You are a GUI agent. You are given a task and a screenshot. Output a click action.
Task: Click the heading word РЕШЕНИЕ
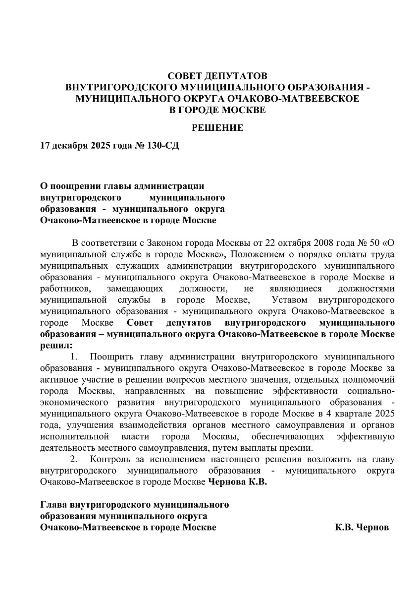pyautogui.click(x=217, y=128)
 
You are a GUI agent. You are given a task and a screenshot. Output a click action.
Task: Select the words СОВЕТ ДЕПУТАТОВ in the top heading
pyautogui.click(x=217, y=76)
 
